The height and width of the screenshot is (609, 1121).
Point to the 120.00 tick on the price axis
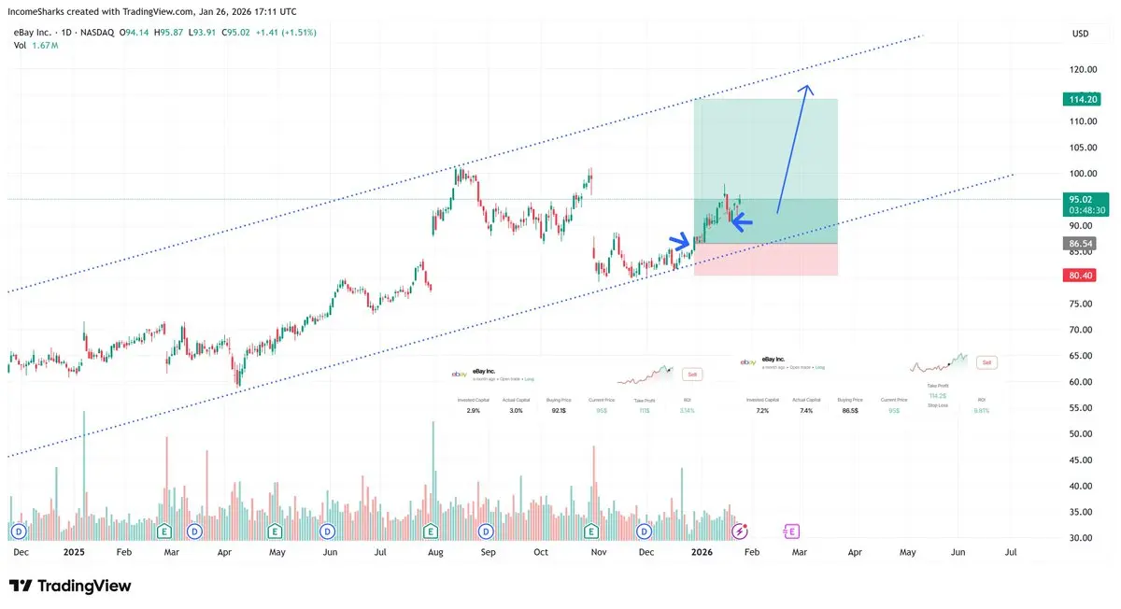1083,69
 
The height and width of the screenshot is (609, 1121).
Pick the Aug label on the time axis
436,552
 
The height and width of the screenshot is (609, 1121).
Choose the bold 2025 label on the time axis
74,552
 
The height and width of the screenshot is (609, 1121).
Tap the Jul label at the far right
1010,552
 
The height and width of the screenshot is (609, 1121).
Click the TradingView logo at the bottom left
70,586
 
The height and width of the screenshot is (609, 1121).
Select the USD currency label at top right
1080,34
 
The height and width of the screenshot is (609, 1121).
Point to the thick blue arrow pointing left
741,221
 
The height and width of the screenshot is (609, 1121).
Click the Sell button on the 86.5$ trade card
986,361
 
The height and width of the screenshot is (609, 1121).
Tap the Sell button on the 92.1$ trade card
692,374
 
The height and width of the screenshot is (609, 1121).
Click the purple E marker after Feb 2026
792,531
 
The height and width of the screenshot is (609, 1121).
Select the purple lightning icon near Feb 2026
740,531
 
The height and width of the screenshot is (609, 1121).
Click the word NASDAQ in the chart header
98,33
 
